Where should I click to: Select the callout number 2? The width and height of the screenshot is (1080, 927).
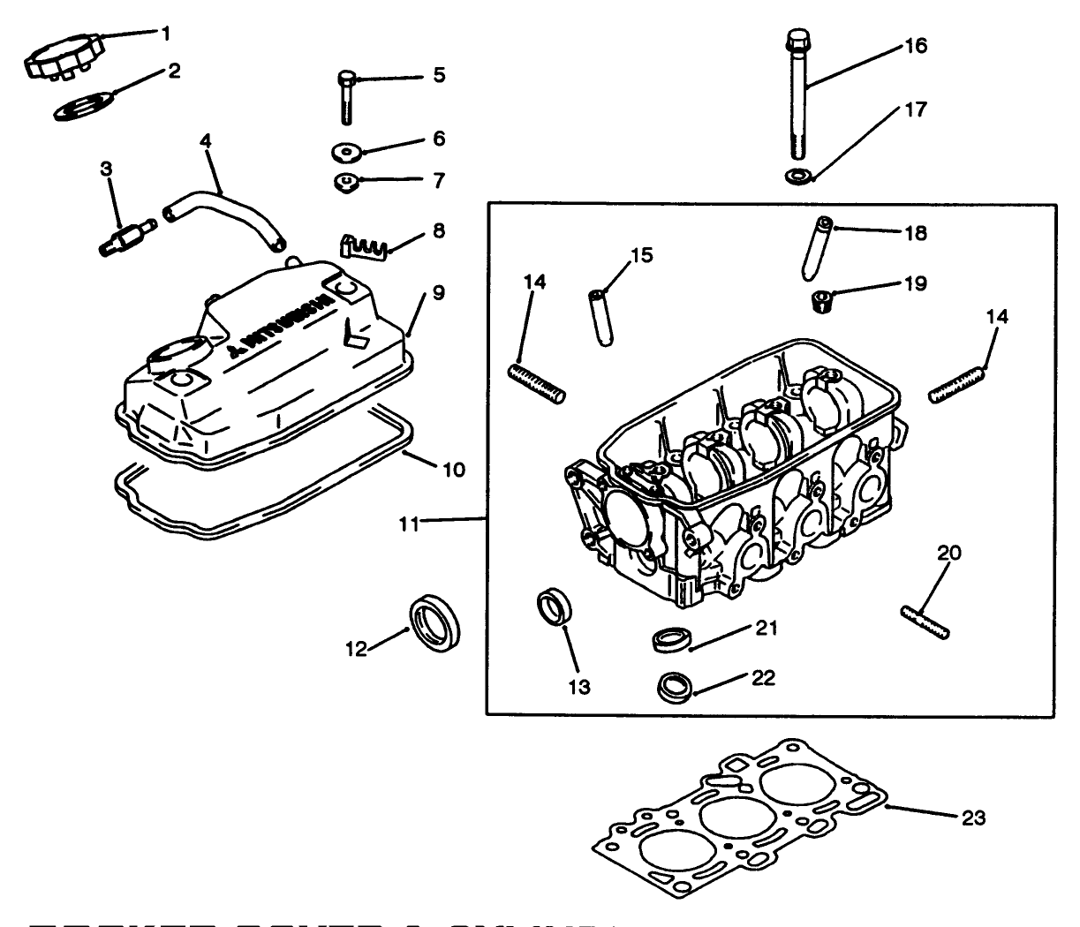coord(174,72)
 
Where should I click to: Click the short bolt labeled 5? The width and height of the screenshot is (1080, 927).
coord(346,96)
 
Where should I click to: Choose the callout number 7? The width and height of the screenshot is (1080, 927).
coord(439,181)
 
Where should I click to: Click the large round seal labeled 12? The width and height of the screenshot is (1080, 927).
coord(434,623)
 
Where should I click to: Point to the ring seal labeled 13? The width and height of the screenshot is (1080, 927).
coord(555,609)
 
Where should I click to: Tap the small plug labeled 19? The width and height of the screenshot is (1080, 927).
coord(821,301)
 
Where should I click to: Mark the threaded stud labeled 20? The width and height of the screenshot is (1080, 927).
coord(925,622)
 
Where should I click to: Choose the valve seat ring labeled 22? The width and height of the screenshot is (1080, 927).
coord(676,686)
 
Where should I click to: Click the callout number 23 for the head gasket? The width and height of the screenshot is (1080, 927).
coord(973,818)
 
